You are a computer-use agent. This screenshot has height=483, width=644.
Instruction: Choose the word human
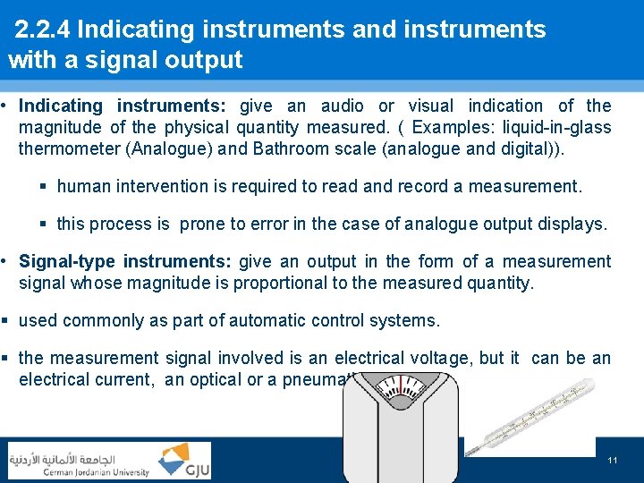pyautogui.click(x=81, y=187)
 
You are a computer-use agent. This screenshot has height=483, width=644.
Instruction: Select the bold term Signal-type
pyautogui.click(x=68, y=261)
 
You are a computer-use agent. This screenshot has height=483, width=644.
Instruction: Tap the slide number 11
pyautogui.click(x=613, y=460)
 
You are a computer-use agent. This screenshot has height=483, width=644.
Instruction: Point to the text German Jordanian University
pyautogui.click(x=79, y=471)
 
